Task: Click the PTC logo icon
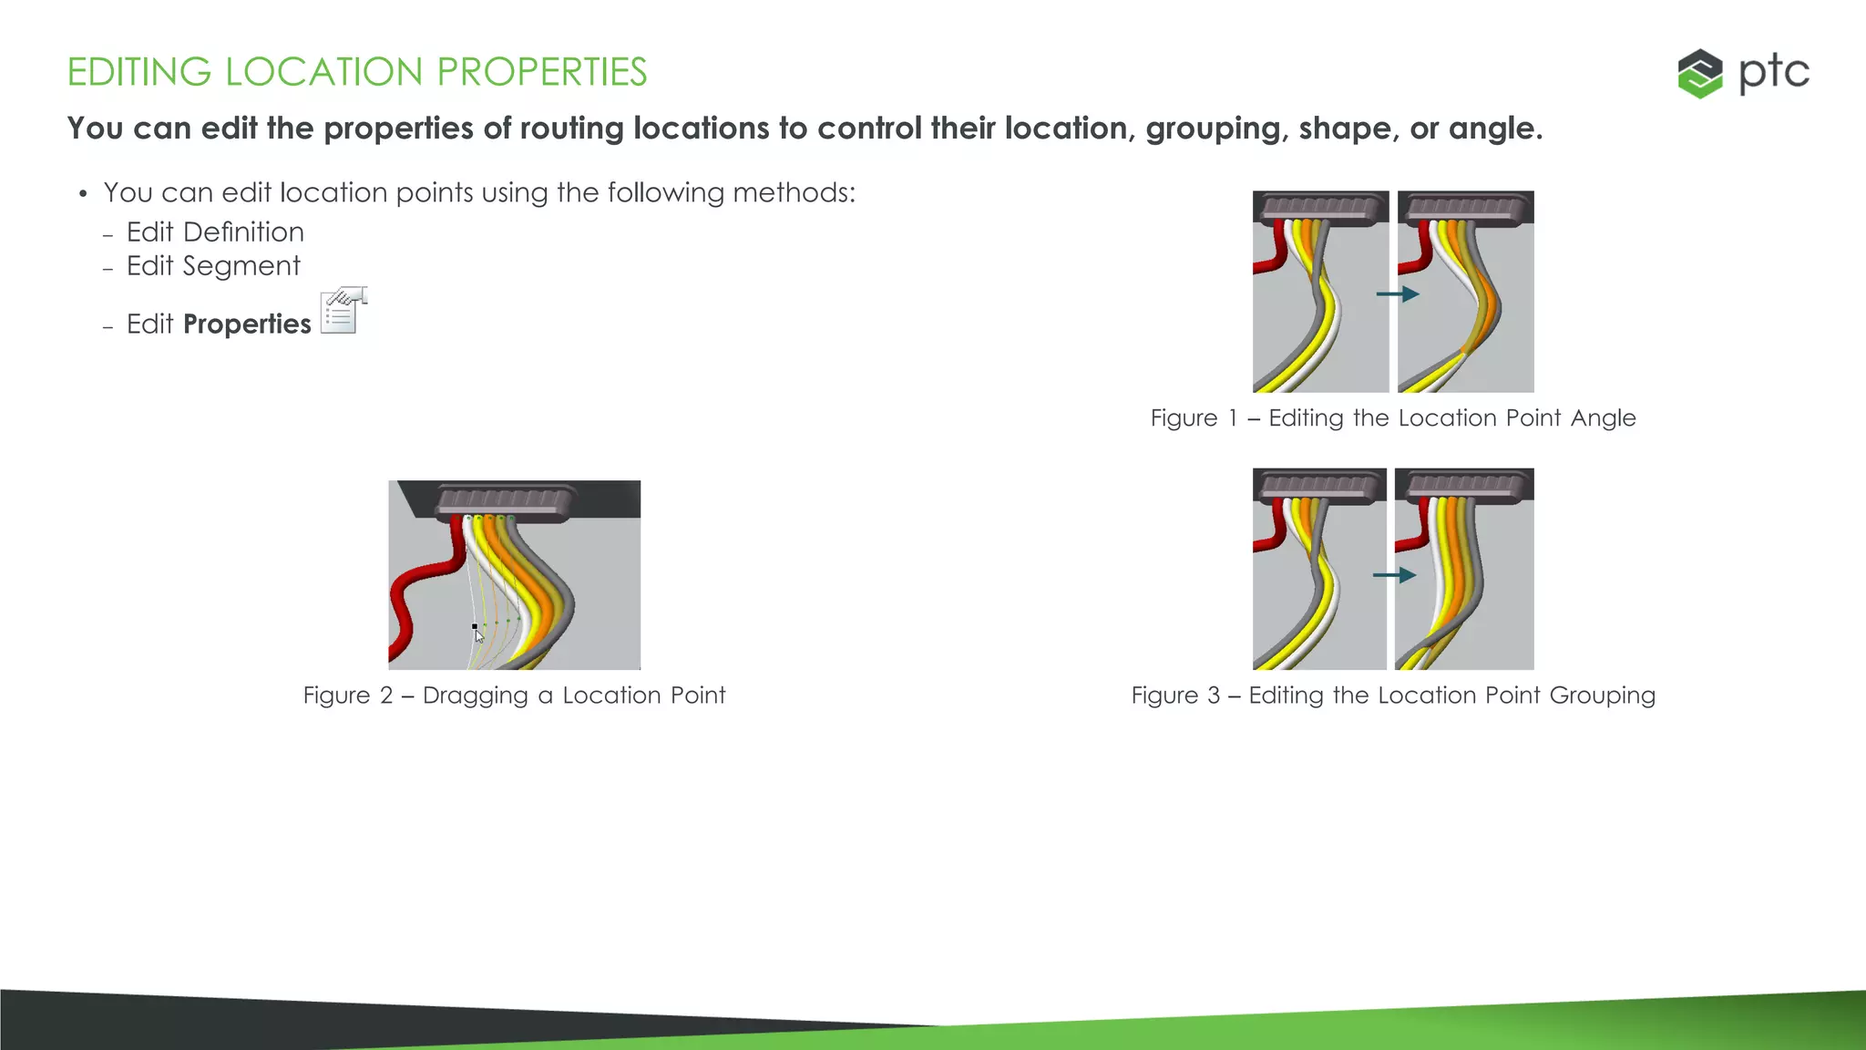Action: tap(1699, 74)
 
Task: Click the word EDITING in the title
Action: tap(138, 72)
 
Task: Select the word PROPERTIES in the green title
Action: tap(541, 72)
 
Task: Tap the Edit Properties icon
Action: tap(343, 311)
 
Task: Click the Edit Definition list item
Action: tap(215, 232)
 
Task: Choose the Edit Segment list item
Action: tap(213, 266)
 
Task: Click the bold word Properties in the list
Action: tap(247, 324)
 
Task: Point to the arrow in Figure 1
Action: tap(1397, 294)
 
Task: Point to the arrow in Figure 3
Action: tap(1394, 575)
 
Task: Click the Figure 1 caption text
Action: tap(1393, 418)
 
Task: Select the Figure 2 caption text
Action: tap(514, 695)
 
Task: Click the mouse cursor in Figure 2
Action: tap(479, 635)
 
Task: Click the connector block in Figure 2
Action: tap(507, 499)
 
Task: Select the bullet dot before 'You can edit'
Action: tap(83, 194)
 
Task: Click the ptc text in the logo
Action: tap(1773, 73)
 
